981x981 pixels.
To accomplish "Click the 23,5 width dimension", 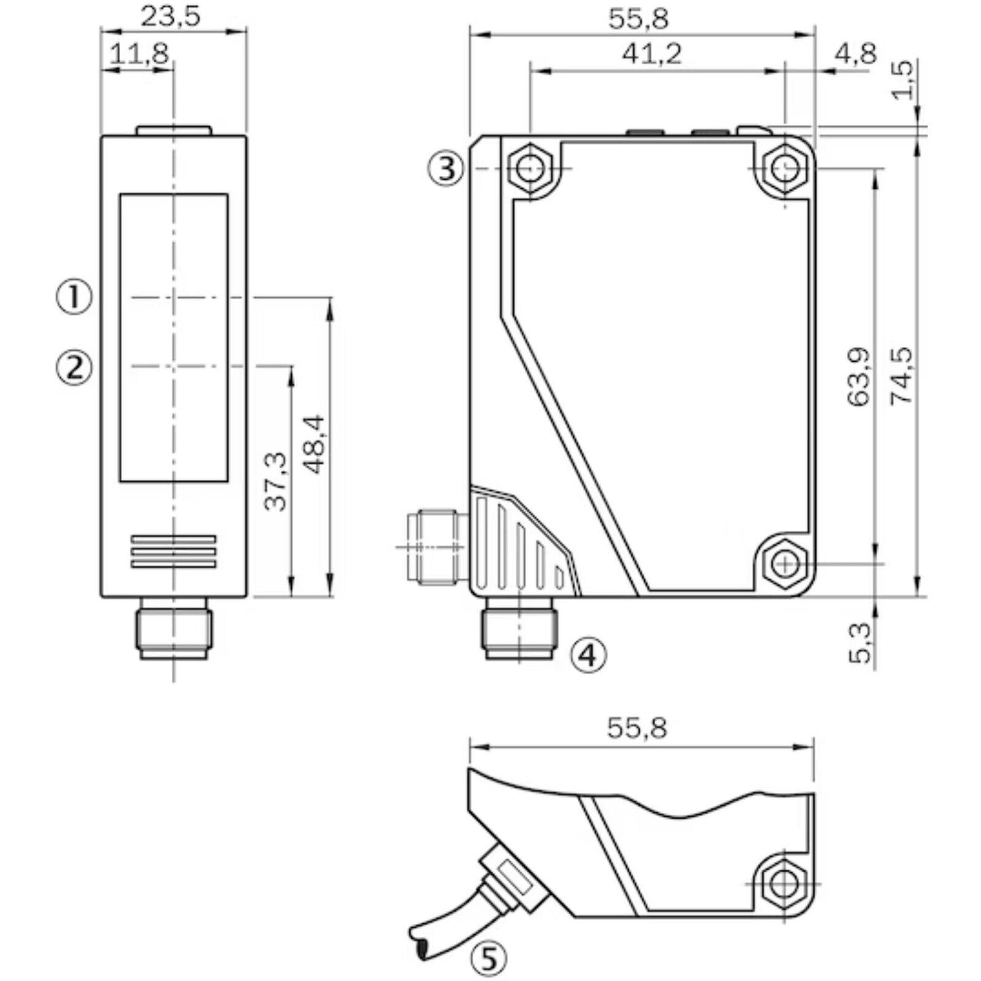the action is tap(170, 16).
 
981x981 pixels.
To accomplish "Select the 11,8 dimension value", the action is tap(139, 53).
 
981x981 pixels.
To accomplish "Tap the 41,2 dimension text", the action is tap(652, 53).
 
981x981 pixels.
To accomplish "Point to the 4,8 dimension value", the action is tap(856, 53).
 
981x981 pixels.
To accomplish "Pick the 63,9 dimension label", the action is tap(859, 377).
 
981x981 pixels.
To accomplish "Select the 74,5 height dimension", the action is tap(902, 377).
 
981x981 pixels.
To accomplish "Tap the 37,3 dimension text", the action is tap(276, 481).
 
